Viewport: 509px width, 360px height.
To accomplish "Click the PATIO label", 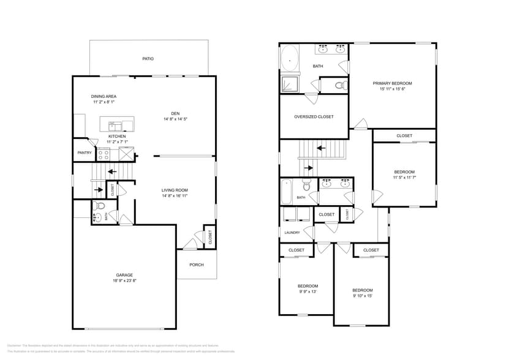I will pos(148,59).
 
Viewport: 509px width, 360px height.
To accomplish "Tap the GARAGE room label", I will pos(124,275).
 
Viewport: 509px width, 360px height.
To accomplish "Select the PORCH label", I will pos(196,264).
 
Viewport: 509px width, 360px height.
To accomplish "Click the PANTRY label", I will pos(85,153).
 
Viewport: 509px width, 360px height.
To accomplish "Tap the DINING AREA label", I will pos(104,96).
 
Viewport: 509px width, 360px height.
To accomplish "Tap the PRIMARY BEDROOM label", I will pos(393,83).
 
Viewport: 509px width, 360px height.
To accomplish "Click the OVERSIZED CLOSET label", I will pos(314,116).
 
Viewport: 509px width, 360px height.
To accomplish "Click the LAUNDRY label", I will pos(292,233).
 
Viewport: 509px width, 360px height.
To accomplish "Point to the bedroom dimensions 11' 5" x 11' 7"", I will pos(404,178).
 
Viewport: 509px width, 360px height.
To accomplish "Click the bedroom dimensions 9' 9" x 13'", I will pos(307,292).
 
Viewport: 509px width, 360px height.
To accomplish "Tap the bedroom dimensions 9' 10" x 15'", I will pos(362,296).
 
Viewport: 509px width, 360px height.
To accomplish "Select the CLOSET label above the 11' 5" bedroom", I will pos(404,135).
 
